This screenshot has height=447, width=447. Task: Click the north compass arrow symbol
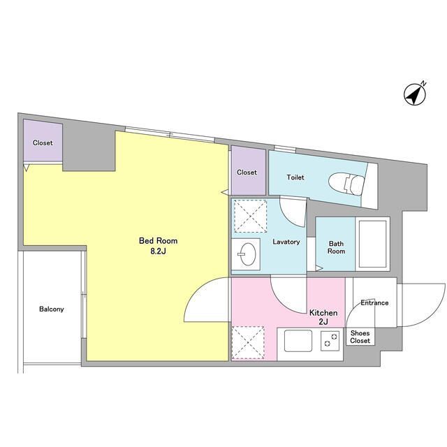[415, 94]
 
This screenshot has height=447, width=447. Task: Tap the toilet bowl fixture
[346, 184]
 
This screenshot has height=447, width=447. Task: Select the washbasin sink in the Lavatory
[248, 254]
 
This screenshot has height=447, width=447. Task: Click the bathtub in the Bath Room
[372, 244]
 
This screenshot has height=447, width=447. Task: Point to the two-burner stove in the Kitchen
[330, 341]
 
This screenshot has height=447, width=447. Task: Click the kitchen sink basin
[298, 341]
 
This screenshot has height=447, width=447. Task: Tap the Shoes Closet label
[360, 337]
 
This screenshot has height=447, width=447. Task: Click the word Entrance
[374, 302]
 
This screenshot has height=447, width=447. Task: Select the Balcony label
[52, 309]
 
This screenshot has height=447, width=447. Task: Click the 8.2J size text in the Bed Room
[159, 251]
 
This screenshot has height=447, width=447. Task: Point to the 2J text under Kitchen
[323, 321]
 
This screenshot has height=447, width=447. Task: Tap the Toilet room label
[295, 177]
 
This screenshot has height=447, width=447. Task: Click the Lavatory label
[286, 242]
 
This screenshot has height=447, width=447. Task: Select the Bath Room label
[337, 247]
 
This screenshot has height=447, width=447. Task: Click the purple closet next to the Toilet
[248, 170]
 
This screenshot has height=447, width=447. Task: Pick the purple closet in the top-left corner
[43, 140]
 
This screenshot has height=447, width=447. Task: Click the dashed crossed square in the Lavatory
[250, 216]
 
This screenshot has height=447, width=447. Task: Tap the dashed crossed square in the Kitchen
[248, 342]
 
